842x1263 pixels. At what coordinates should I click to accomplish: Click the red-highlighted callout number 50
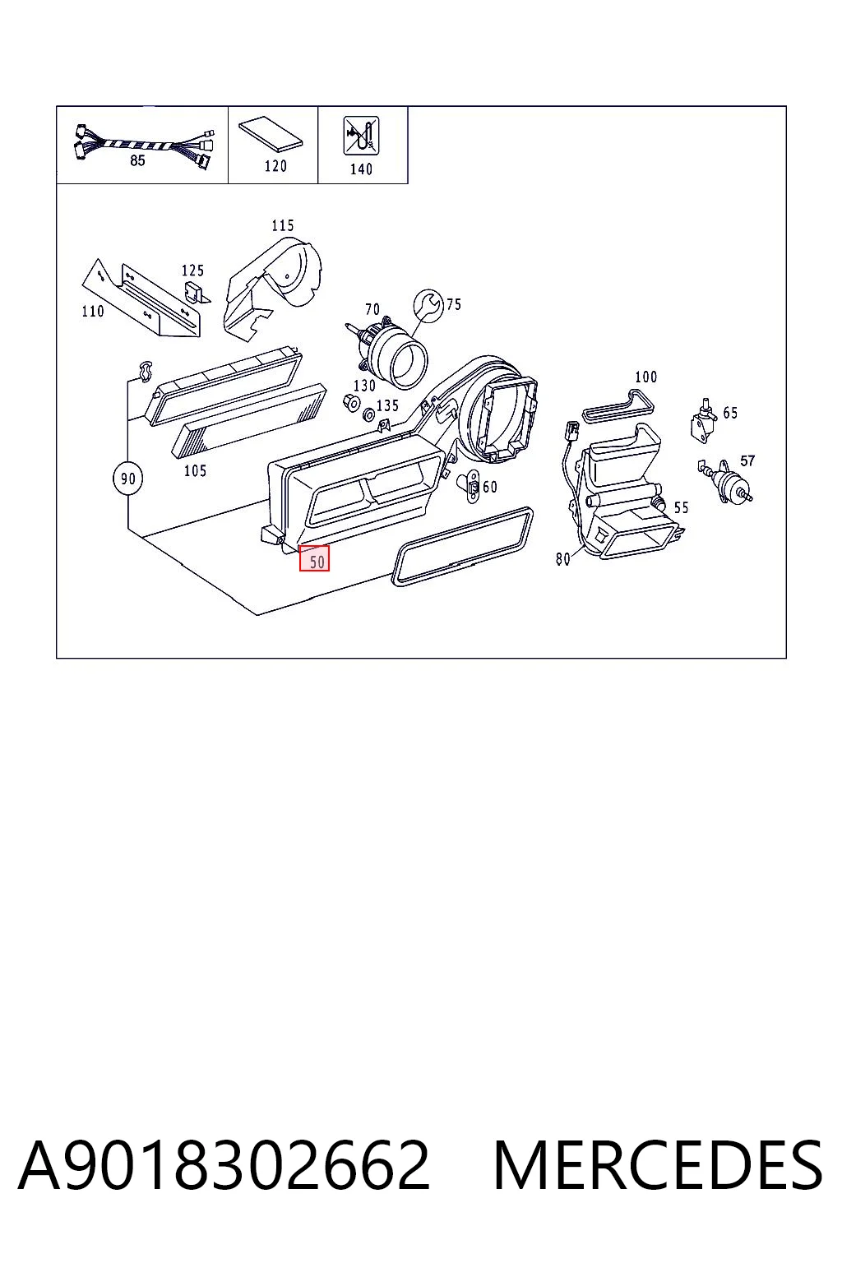pyautogui.click(x=314, y=558)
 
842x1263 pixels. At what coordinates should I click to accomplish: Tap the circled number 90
pyautogui.click(x=128, y=479)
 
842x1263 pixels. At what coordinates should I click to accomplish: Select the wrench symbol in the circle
pyautogui.click(x=428, y=306)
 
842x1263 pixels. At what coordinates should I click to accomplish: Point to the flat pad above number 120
pyautogui.click(x=271, y=135)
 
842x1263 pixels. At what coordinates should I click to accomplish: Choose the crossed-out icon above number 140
pyautogui.click(x=362, y=136)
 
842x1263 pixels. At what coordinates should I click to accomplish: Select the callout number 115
pyautogui.click(x=283, y=225)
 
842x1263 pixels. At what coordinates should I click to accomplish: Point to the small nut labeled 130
pyautogui.click(x=350, y=403)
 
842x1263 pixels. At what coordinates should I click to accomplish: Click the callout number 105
pyautogui.click(x=195, y=470)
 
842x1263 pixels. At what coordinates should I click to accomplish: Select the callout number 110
pyautogui.click(x=93, y=311)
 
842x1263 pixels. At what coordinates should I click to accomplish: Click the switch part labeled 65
pyautogui.click(x=703, y=419)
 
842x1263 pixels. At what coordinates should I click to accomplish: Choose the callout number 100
pyautogui.click(x=645, y=377)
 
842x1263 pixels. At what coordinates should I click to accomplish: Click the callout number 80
pyautogui.click(x=562, y=559)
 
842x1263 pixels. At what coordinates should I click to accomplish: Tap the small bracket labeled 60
pyautogui.click(x=471, y=485)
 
